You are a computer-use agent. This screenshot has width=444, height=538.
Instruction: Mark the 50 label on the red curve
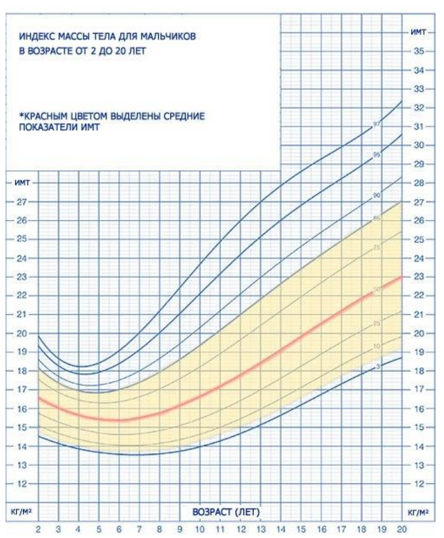(377, 289)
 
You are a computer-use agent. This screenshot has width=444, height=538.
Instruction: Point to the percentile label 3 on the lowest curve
(378, 367)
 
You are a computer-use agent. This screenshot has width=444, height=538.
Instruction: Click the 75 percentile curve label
(377, 248)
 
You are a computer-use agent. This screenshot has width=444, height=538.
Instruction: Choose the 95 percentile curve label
(377, 155)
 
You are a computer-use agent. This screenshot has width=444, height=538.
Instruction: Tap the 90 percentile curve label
(377, 196)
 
